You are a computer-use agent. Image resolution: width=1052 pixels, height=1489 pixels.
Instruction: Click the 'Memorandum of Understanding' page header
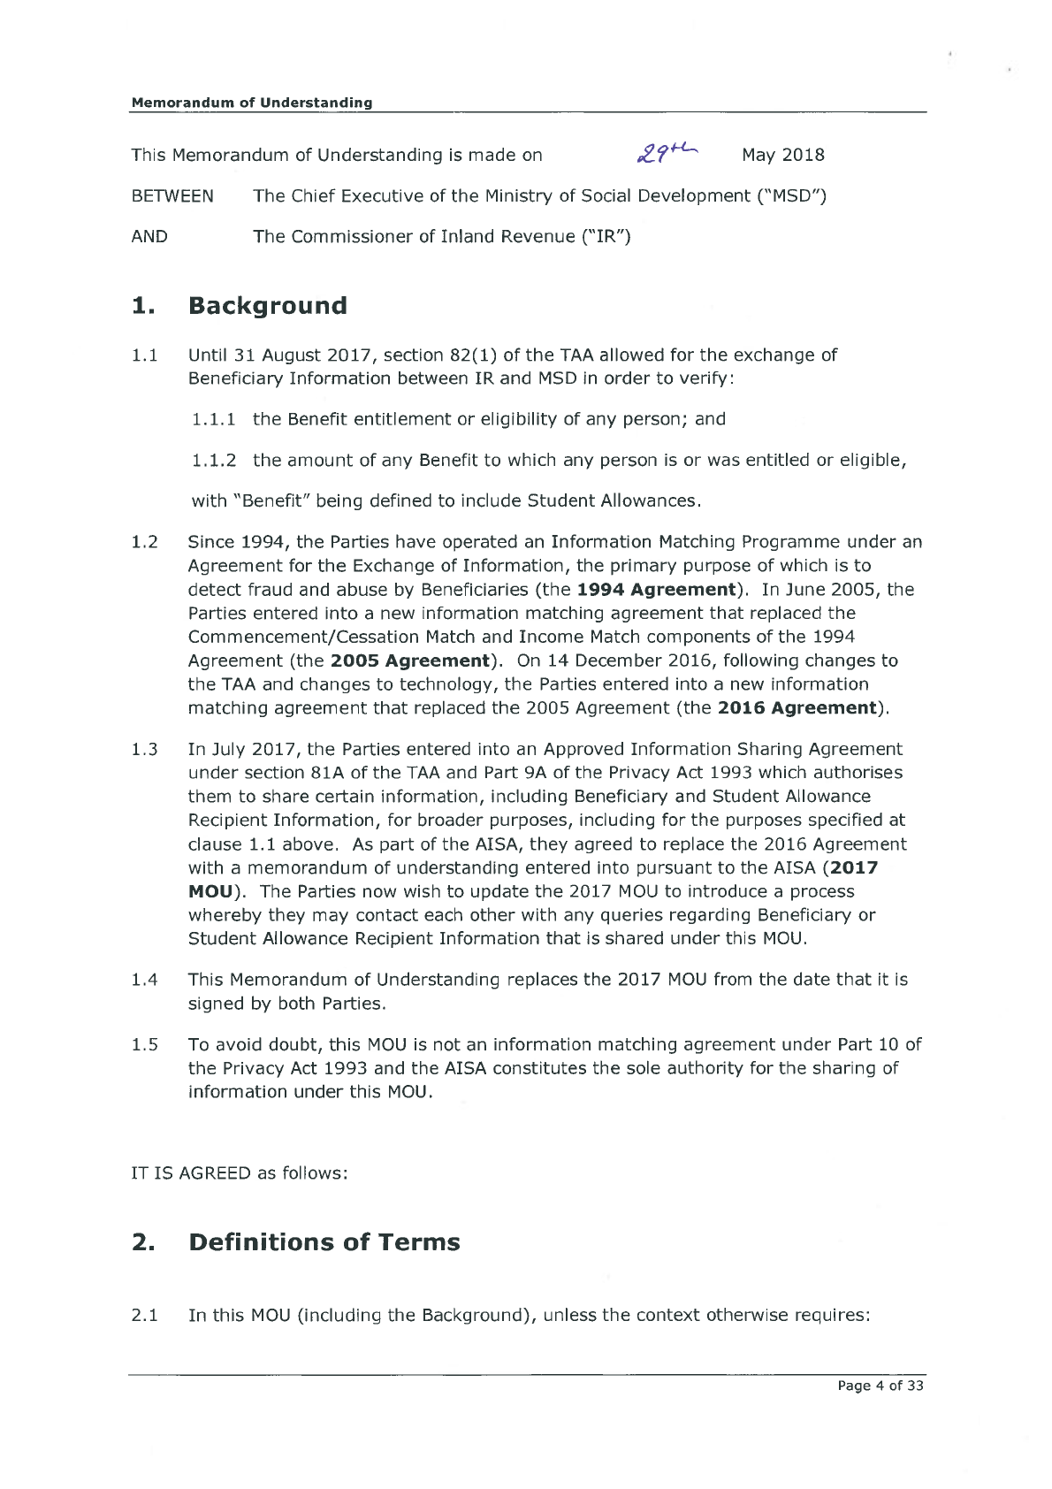pyautogui.click(x=252, y=103)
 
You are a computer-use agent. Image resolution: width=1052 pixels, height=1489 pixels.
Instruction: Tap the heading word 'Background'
pyautogui.click(x=268, y=306)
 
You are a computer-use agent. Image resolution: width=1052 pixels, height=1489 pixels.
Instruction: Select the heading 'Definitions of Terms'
pyautogui.click(x=324, y=1242)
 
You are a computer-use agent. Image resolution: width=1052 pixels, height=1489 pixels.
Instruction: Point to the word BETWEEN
pyautogui.click(x=172, y=195)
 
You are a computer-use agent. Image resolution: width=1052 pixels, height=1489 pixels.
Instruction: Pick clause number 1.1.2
pyautogui.click(x=214, y=460)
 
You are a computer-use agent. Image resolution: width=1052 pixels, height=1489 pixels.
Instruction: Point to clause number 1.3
pyautogui.click(x=145, y=749)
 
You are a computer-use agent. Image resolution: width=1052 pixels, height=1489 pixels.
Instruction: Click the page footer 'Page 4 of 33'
pyautogui.click(x=880, y=1386)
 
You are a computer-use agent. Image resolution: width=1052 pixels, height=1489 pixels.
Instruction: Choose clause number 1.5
pyautogui.click(x=145, y=1044)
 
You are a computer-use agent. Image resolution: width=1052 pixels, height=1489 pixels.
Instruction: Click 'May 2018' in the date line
pyautogui.click(x=783, y=155)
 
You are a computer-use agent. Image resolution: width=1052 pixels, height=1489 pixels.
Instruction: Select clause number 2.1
pyautogui.click(x=145, y=1315)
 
